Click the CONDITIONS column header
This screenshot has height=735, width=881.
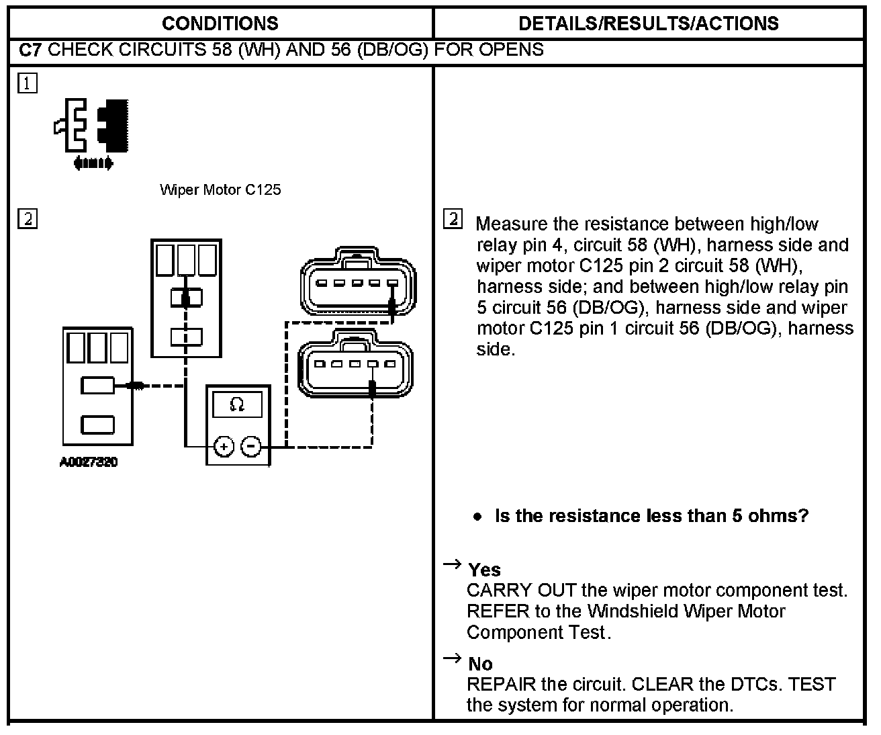220,24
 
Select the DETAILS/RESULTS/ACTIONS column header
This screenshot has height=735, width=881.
648,24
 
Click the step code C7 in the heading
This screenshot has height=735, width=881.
32,50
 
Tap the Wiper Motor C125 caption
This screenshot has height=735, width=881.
220,190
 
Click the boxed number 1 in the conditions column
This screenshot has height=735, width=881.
28,83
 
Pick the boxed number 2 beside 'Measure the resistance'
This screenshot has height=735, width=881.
453,219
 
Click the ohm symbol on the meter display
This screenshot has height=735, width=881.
237,404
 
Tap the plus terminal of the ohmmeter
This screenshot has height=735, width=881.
224,446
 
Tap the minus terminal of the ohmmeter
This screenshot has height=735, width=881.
250,446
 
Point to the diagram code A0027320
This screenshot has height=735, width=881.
88,462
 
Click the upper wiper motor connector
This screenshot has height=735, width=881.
358,283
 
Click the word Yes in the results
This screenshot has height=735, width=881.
485,570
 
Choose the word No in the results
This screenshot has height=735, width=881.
480,664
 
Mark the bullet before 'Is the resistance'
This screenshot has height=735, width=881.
477,517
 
